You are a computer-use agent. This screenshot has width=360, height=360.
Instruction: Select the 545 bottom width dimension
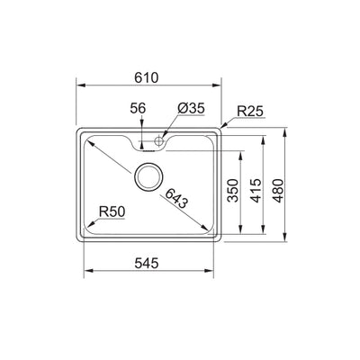pos(148,264)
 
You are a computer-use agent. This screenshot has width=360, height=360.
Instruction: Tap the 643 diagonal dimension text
pos(176,200)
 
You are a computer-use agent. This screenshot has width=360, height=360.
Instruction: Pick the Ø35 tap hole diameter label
pos(190,109)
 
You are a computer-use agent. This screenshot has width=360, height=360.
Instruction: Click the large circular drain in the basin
pos(148,177)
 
